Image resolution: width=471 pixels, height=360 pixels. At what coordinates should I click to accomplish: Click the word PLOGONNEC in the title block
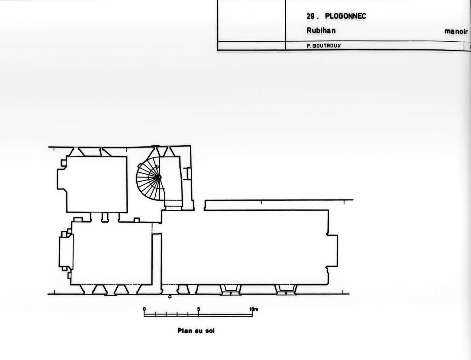pyautogui.click(x=345, y=16)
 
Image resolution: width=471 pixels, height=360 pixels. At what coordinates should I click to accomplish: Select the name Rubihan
pyautogui.click(x=321, y=30)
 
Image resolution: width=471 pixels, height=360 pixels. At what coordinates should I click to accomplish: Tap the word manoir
pyautogui.click(x=456, y=32)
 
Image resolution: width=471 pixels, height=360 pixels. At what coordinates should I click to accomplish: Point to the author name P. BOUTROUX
pyautogui.click(x=324, y=46)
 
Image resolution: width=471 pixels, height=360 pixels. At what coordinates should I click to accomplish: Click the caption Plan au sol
pyautogui.click(x=196, y=331)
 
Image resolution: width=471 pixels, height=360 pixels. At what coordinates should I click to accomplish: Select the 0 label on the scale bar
pyautogui.click(x=144, y=309)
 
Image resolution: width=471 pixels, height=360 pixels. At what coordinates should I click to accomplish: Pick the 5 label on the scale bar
pyautogui.click(x=198, y=309)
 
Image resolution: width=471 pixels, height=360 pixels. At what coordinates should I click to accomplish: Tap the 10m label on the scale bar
pyautogui.click(x=254, y=309)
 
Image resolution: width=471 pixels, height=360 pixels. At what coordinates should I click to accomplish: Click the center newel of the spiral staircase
pyautogui.click(x=159, y=177)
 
